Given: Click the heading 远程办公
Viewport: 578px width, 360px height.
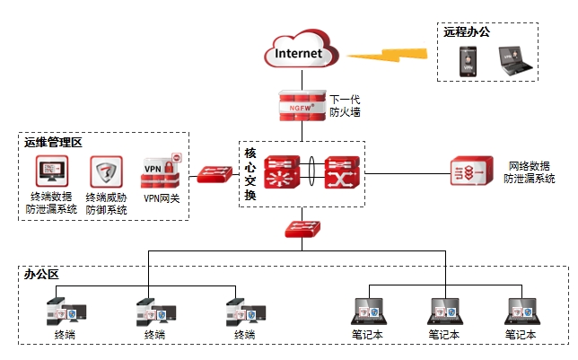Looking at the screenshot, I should [466, 31].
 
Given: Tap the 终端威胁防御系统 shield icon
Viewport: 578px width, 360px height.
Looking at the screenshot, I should [106, 171].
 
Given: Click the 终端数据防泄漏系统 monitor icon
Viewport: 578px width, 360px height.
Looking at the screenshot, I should [51, 171].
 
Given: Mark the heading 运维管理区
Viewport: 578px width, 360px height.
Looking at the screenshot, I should [53, 142].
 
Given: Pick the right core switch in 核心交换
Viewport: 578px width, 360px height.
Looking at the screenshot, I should [341, 171].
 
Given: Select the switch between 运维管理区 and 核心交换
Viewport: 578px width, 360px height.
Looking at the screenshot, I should [215, 174].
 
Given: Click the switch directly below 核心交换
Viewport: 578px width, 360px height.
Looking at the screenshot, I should [302, 229].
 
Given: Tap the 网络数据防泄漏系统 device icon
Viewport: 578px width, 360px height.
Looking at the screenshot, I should [469, 171].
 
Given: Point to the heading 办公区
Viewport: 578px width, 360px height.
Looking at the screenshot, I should [42, 275].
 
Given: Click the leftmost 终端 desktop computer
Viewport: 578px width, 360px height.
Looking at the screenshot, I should [65, 312].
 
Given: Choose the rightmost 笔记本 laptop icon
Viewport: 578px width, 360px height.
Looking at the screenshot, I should [520, 311].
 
